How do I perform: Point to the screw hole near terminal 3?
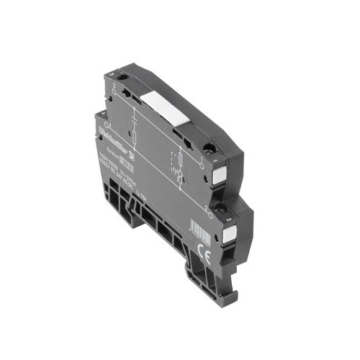click(x=123, y=77)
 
